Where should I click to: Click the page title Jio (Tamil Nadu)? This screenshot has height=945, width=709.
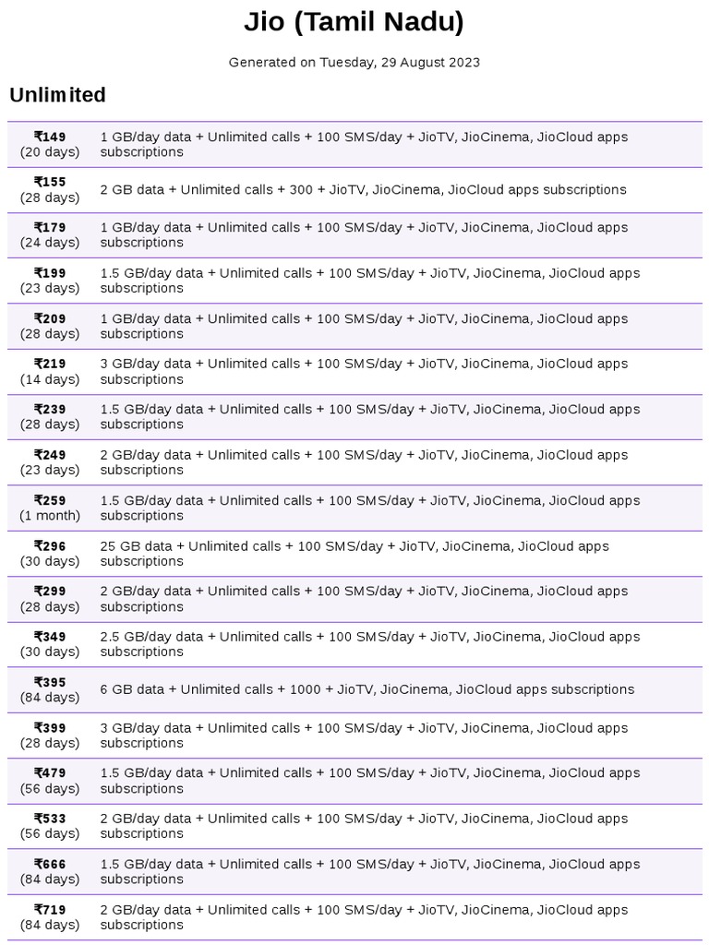click(354, 22)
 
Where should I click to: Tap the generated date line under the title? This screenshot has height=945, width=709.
click(354, 63)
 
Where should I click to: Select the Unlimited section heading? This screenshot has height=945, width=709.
click(57, 95)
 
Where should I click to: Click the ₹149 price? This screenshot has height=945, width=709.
click(50, 137)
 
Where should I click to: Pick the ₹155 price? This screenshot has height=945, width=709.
click(50, 182)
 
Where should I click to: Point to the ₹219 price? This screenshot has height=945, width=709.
click(50, 364)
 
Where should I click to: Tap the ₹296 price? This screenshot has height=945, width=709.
click(50, 545)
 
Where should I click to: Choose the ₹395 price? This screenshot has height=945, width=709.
click(50, 682)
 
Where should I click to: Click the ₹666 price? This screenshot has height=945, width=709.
click(50, 864)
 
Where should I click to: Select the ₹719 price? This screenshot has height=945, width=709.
click(50, 909)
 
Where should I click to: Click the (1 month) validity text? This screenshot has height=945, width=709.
click(50, 516)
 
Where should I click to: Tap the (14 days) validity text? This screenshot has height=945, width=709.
click(50, 379)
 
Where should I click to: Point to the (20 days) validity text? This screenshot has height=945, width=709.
click(50, 151)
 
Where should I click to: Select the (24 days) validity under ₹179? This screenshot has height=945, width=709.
click(50, 243)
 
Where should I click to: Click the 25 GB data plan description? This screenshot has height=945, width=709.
click(354, 553)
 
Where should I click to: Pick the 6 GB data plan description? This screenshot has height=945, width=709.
click(367, 689)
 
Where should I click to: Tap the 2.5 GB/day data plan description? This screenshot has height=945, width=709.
click(369, 644)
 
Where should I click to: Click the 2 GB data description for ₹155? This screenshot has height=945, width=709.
click(363, 189)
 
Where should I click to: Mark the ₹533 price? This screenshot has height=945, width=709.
click(50, 819)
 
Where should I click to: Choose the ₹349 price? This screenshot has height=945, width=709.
click(50, 637)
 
